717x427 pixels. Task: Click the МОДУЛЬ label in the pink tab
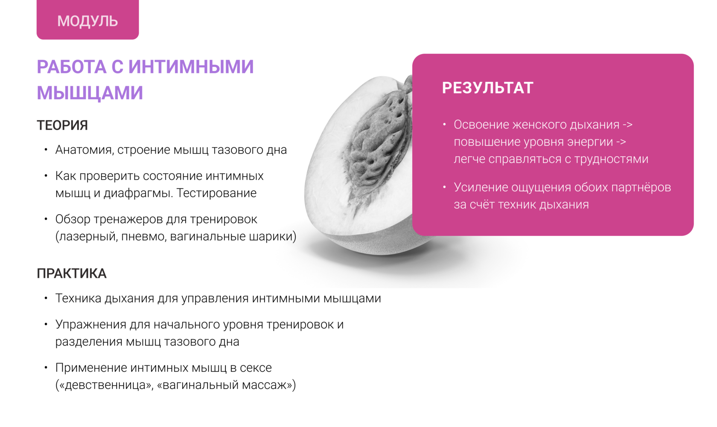coord(87,21)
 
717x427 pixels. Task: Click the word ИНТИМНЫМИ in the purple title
coord(191,67)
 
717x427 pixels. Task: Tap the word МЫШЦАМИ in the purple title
coord(90,93)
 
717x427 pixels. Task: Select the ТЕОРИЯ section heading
coord(62,125)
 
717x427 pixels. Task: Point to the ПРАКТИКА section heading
coord(71,273)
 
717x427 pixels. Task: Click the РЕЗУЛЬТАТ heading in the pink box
coord(487,87)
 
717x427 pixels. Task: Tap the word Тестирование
coord(216,193)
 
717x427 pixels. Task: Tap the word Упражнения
coord(91,325)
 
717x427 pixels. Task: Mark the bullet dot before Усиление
coord(444,187)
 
